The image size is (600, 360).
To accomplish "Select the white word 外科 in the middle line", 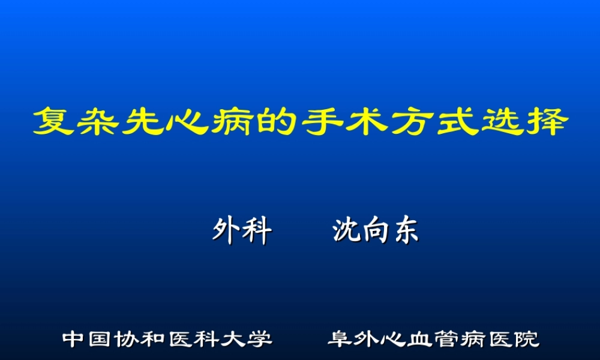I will tap(242, 232).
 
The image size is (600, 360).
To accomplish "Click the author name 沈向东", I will tap(376, 232).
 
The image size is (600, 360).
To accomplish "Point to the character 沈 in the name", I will tap(346, 232).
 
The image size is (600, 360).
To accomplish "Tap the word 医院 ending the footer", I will tap(514, 339).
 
